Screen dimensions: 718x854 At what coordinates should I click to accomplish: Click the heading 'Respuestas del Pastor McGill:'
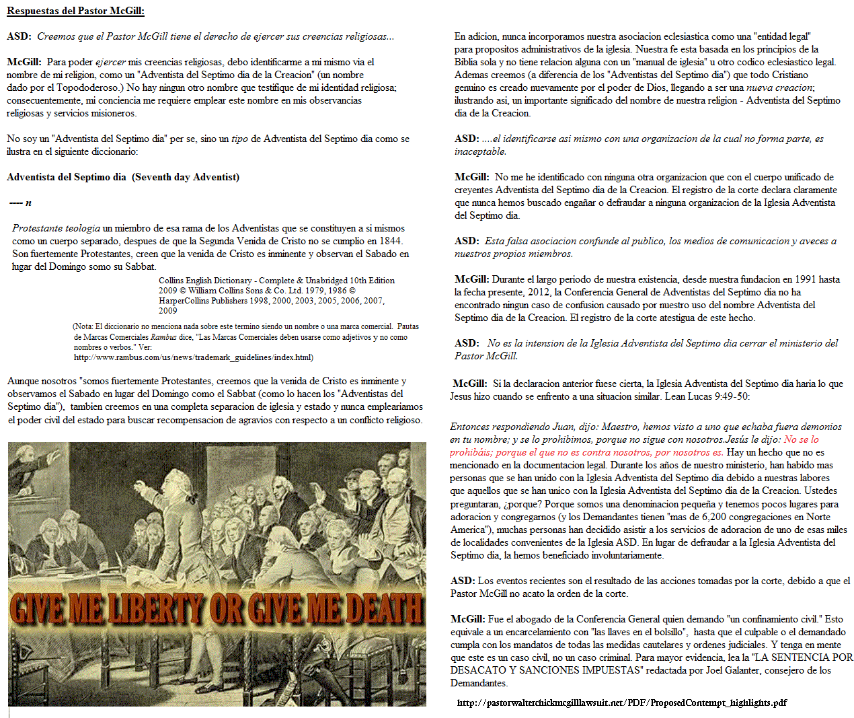point(75,11)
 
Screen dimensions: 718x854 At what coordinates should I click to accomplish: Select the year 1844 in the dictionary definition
point(391,241)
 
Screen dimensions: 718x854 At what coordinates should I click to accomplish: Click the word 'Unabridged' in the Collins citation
point(325,281)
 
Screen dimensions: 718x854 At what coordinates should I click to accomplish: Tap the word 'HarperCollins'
point(184,301)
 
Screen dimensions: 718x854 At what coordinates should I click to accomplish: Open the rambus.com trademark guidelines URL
point(193,357)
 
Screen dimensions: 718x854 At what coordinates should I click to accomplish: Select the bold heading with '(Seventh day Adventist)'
point(123,177)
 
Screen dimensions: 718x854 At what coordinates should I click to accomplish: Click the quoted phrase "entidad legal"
point(783,36)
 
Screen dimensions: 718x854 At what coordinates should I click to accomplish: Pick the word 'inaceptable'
point(480,151)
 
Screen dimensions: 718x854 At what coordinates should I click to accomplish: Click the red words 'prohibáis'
point(471,452)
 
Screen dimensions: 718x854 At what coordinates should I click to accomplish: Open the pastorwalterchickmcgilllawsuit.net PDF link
point(621,703)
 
